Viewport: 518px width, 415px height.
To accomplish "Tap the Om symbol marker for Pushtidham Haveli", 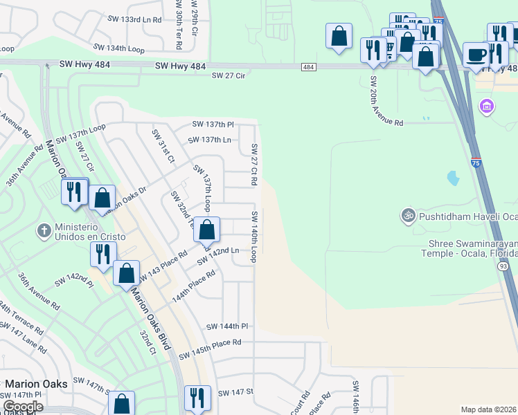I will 408,216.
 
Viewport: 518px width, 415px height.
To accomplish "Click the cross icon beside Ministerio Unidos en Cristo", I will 44,230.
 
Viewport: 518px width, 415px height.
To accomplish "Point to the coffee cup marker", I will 476,55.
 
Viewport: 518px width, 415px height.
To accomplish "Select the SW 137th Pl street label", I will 213,124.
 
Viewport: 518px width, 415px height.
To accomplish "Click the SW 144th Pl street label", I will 226,326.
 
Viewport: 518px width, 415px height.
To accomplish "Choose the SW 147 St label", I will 236,392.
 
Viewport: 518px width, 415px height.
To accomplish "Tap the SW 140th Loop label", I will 255,237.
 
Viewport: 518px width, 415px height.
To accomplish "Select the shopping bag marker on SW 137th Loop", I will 206,230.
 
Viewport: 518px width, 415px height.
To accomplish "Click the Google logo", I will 23,407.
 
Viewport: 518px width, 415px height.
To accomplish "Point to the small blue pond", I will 453,178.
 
